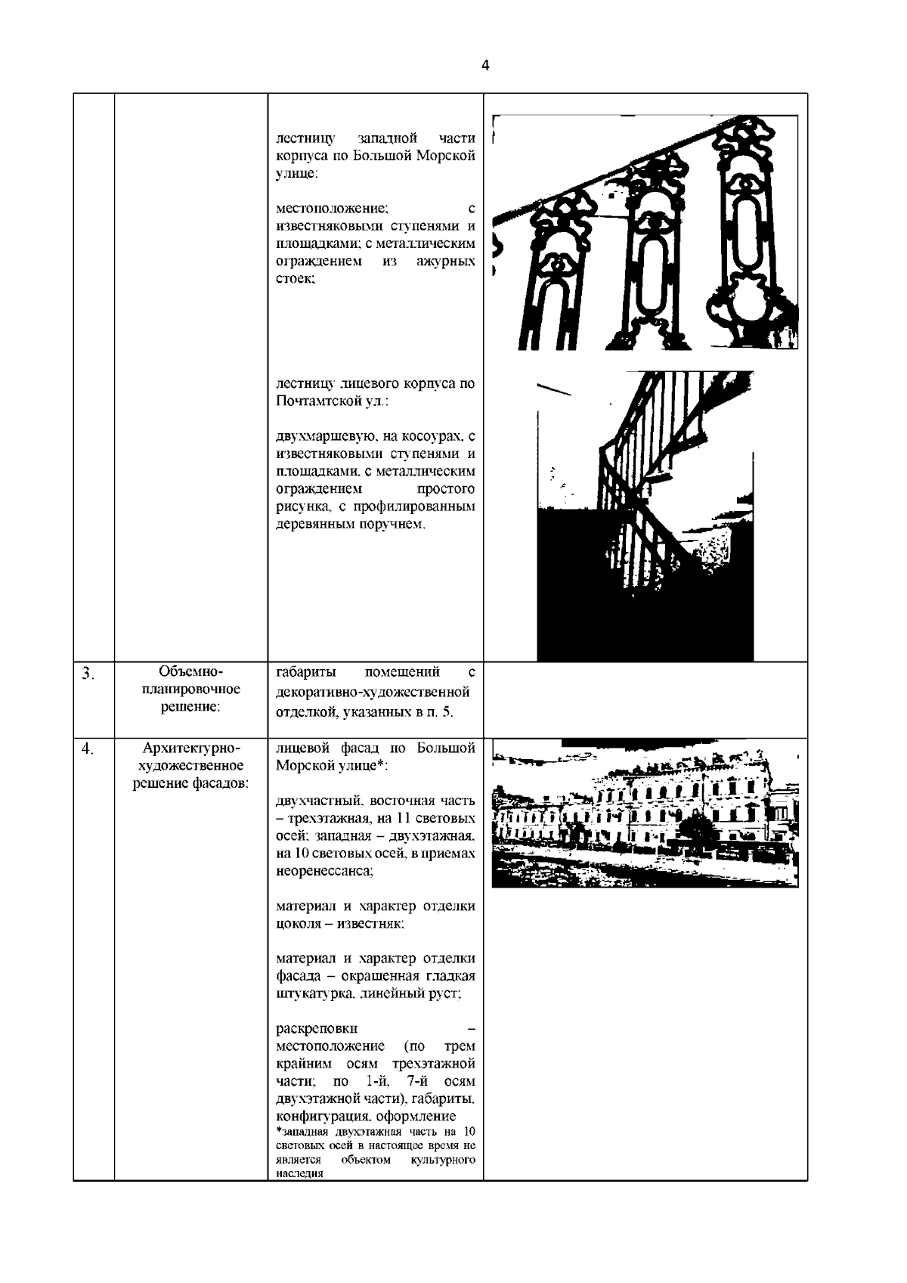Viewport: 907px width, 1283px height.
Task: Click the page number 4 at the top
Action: tap(485, 66)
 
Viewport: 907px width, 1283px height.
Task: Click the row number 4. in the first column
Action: tap(88, 749)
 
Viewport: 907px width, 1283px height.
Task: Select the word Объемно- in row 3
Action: tap(191, 671)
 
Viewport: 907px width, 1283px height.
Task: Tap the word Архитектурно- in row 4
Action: tap(191, 748)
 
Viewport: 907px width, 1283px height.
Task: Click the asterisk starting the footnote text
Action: tap(279, 1133)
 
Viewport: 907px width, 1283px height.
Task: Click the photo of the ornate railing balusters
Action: tap(645, 233)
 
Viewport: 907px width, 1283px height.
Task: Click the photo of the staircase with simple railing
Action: tap(645, 516)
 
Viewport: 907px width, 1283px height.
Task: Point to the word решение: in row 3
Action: tap(191, 708)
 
